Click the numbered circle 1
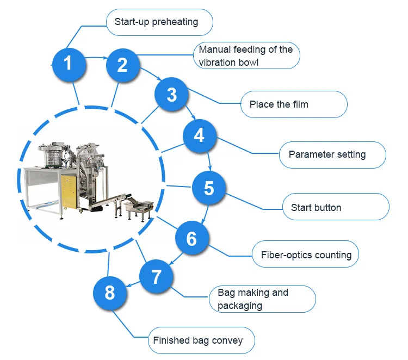[x=69, y=65]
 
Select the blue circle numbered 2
[x=123, y=65]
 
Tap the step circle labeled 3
[x=171, y=94]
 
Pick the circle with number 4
[x=200, y=136]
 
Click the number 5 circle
[x=209, y=188]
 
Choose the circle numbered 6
[x=192, y=238]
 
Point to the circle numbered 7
[x=156, y=276]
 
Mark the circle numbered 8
[x=110, y=293]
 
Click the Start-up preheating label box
[x=159, y=22]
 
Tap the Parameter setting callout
[x=332, y=155]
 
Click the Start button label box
[x=336, y=207]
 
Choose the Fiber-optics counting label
[x=306, y=254]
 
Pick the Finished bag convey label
[x=201, y=340]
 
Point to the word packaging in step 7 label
[x=240, y=306]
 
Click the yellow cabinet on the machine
[x=69, y=191]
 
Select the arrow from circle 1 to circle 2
[x=96, y=58]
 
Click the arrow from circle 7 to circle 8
[x=133, y=284]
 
